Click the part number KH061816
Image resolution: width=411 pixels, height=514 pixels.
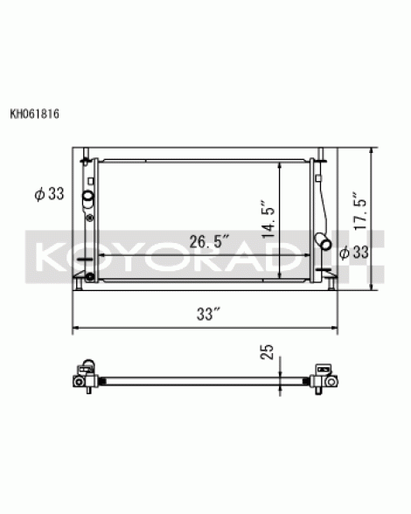point(34,114)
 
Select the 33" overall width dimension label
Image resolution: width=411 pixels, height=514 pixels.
point(207,314)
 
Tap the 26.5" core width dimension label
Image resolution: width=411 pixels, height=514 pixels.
point(209,242)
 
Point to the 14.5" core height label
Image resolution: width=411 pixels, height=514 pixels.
point(268,219)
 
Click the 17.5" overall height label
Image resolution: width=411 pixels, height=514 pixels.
point(359,211)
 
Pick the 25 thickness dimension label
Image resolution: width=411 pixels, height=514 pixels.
point(267,351)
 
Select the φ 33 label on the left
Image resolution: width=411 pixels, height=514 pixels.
point(49,194)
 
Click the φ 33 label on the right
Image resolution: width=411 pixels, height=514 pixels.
point(354,252)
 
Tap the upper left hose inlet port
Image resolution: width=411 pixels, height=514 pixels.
point(88,197)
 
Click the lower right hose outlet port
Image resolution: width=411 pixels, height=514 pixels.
point(323,241)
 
